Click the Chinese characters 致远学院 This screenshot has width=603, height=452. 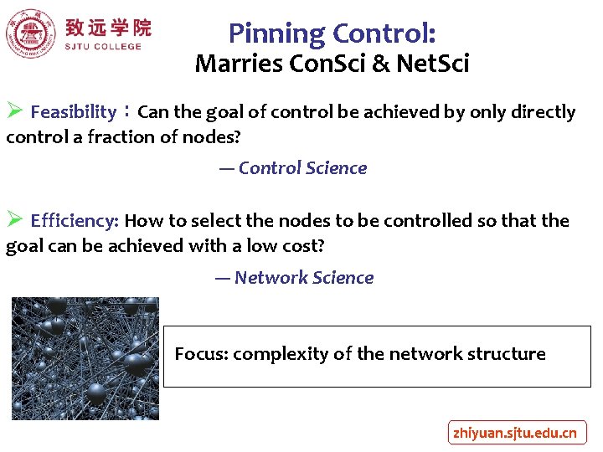coord(108,28)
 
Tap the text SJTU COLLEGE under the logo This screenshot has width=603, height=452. coord(103,47)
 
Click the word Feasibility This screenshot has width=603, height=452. coord(73,112)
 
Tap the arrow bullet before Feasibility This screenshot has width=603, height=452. coord(14,111)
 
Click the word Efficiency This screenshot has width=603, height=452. coord(75,221)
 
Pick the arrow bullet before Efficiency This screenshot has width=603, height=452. coord(14,220)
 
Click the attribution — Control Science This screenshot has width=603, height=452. coord(293,168)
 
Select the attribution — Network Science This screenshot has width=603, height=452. coord(294,278)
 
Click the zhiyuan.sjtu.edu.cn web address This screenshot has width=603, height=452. coord(514,433)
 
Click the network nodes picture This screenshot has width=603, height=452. coord(85,358)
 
